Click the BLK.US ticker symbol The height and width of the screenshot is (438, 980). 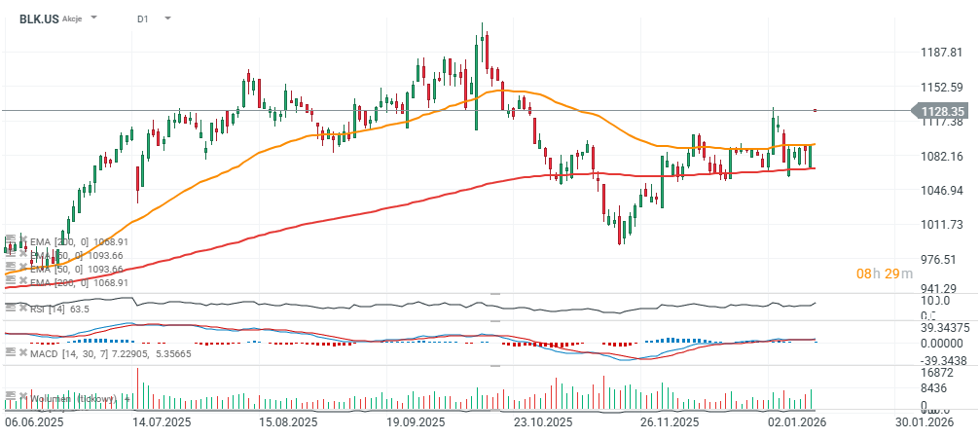pos(37,18)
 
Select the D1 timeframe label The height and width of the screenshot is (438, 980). pos(143,18)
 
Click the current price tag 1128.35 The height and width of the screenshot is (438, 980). pos(942,112)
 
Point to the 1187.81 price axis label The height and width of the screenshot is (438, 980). pos(942,53)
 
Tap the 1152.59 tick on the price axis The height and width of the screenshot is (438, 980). pos(942,87)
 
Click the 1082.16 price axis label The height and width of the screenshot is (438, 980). pos(942,156)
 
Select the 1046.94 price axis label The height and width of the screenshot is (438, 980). pos(942,190)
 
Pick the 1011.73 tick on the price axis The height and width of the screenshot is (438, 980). pos(942,225)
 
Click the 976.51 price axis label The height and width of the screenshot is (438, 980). pos(942,259)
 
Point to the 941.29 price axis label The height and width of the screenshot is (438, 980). pos(942,288)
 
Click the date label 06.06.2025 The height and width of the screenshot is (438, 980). pos(35,422)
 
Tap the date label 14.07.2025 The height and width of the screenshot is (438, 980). pos(161,422)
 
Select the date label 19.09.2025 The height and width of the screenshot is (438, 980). pos(415,422)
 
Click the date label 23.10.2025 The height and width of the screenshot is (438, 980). pos(541,422)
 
